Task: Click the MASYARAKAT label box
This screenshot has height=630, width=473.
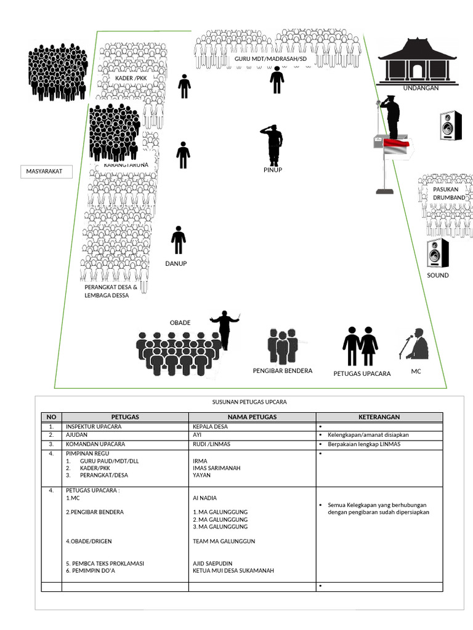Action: coord(46,172)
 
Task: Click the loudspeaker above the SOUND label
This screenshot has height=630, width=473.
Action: coord(438,252)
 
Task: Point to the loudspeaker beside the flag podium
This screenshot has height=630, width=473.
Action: coord(450,126)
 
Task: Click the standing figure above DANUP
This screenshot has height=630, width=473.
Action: coord(179,240)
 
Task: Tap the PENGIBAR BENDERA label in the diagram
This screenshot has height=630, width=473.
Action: coord(283,371)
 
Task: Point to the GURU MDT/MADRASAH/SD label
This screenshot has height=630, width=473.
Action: coord(270,58)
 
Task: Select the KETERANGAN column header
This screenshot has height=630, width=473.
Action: coord(379,417)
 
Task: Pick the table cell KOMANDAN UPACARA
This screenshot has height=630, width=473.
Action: coord(95,444)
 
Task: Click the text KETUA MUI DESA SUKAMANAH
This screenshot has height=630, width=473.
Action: coord(233,570)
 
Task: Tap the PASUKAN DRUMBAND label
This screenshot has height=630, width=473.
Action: coord(449,194)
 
